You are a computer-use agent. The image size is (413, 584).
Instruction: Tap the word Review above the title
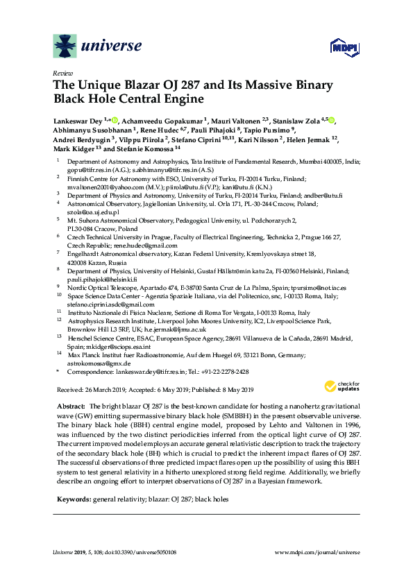coord(61,73)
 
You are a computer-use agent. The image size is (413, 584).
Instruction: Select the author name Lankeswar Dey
coord(78,121)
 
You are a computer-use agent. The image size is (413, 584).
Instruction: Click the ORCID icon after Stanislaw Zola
coord(331,121)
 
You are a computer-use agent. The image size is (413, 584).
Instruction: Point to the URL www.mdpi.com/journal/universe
coord(318,552)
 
